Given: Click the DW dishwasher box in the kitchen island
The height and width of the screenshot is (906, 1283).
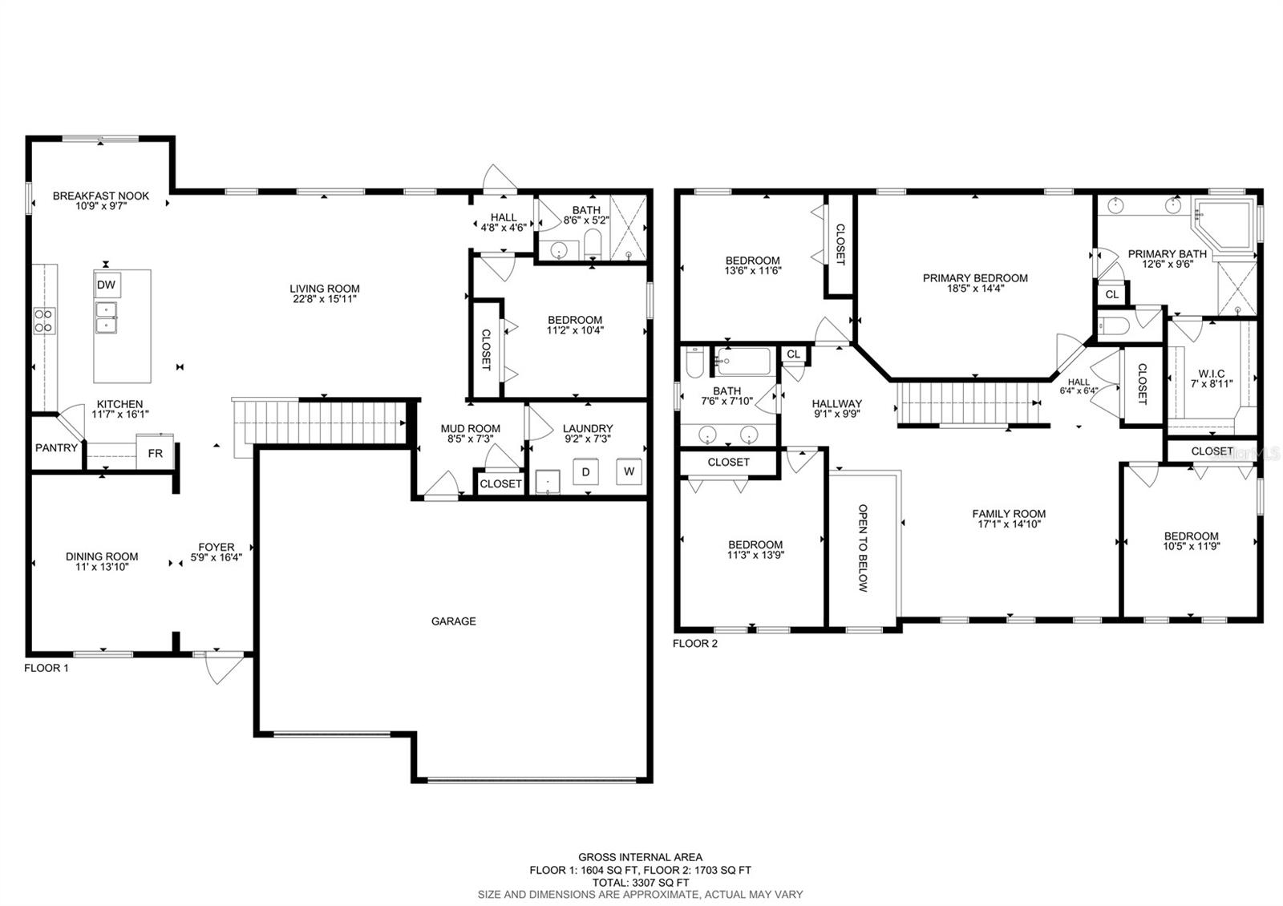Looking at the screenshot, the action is pyautogui.click(x=107, y=285).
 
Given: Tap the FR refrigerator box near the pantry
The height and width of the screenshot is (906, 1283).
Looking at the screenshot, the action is pyautogui.click(x=155, y=453).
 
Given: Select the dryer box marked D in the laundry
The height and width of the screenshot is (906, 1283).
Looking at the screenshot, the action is pyautogui.click(x=585, y=472).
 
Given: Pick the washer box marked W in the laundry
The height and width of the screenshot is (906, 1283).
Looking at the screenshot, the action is pyautogui.click(x=629, y=471).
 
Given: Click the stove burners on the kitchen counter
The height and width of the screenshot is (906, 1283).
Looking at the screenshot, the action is pyautogui.click(x=44, y=321).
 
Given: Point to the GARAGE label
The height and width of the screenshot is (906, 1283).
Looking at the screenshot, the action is pyautogui.click(x=454, y=621).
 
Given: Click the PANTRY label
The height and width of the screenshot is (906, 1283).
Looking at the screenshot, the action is pyautogui.click(x=56, y=448).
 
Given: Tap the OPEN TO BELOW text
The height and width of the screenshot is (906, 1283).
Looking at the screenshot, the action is pyautogui.click(x=863, y=548).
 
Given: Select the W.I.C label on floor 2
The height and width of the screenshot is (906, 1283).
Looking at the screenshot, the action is pyautogui.click(x=1212, y=374).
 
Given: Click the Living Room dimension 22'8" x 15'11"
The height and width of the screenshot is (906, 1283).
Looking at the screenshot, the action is pyautogui.click(x=324, y=299).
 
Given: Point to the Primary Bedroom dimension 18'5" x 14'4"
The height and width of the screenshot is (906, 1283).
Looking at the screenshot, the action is pyautogui.click(x=975, y=289).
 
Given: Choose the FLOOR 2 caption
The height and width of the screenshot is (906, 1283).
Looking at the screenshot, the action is pyautogui.click(x=694, y=643).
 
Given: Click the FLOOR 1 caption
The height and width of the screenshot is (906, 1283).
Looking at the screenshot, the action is pyautogui.click(x=47, y=668).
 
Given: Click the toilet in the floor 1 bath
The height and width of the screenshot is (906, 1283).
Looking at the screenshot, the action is pyautogui.click(x=592, y=245).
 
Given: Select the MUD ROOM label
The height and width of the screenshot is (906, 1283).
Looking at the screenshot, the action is pyautogui.click(x=470, y=428).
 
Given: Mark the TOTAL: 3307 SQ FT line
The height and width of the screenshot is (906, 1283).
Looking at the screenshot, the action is pyautogui.click(x=641, y=883).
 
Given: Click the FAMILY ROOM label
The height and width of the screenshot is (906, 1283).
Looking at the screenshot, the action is pyautogui.click(x=1009, y=514).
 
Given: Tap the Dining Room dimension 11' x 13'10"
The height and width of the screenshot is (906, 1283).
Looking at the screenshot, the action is pyautogui.click(x=101, y=567).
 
